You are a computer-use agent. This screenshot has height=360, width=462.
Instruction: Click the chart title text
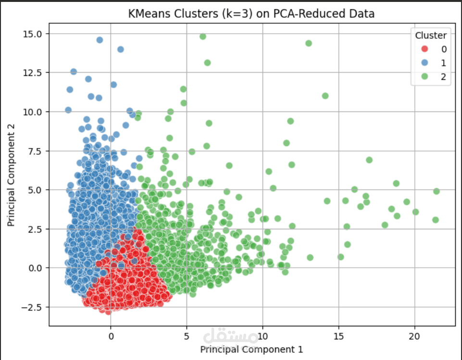pos(251,13)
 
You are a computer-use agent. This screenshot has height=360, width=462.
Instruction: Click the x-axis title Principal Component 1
pos(251,349)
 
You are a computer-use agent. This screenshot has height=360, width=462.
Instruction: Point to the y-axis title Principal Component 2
pos(11,175)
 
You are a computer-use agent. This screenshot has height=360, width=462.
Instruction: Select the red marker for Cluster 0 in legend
pos(425,49)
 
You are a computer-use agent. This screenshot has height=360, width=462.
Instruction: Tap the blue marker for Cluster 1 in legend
pos(425,62)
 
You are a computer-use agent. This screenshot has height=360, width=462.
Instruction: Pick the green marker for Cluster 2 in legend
pos(425,76)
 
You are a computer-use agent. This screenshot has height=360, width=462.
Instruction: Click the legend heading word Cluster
pos(431,36)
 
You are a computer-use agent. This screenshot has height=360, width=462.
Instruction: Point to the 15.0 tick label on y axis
pos(32,34)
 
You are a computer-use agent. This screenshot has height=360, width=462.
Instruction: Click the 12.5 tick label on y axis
pos(32,73)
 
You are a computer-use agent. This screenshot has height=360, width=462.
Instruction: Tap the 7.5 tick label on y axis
pos(35,151)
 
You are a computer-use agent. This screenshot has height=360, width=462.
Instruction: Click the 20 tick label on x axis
pos(414,336)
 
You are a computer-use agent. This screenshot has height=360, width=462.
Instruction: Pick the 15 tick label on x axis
pos(338,336)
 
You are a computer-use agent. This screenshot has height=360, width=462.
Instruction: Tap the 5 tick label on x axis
pos(187,336)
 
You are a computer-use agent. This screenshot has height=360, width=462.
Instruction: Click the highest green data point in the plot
pos(203,37)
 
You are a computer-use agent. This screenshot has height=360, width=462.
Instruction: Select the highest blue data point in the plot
pos(100,40)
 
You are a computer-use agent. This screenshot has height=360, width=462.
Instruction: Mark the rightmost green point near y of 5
pos(437,191)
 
